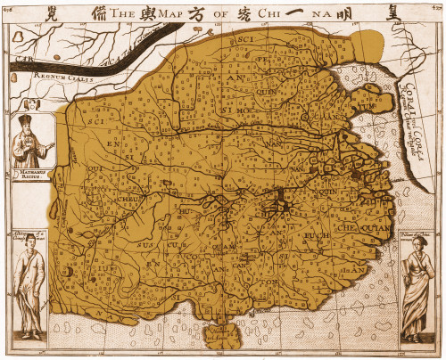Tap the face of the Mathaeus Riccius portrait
(32, 127)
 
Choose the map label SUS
(145, 243)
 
